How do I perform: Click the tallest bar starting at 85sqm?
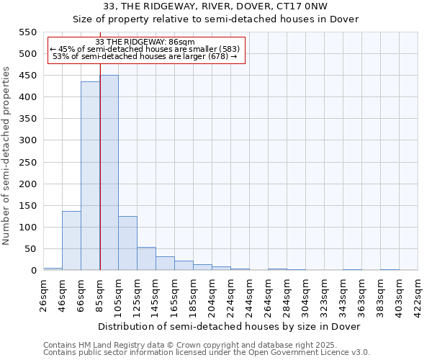click(x=109, y=173)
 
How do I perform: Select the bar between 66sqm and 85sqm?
click(x=90, y=176)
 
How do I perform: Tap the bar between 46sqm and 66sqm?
click(x=71, y=240)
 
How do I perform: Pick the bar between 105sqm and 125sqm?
click(x=127, y=243)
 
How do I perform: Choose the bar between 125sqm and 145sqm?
click(x=146, y=258)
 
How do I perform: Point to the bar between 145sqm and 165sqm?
click(x=165, y=264)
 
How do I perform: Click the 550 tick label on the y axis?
click(x=27, y=32)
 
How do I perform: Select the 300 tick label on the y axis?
click(x=27, y=140)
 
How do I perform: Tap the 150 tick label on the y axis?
click(x=27, y=206)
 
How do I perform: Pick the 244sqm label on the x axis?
click(x=250, y=295)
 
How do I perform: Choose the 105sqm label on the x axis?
click(x=119, y=295)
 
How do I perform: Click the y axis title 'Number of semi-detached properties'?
click(x=7, y=156)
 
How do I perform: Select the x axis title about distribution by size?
click(x=228, y=326)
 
